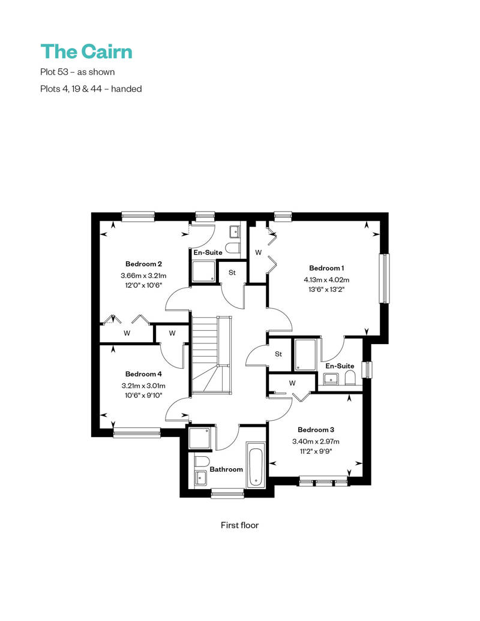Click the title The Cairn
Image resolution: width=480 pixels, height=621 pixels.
click(86, 52)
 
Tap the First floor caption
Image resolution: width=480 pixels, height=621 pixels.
click(239, 525)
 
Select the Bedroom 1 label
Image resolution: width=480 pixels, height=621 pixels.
click(326, 268)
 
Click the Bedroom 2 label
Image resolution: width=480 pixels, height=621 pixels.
click(143, 264)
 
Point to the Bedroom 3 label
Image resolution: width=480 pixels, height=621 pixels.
click(316, 430)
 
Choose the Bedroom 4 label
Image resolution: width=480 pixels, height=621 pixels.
click(143, 374)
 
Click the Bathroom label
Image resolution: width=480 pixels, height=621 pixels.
click(226, 469)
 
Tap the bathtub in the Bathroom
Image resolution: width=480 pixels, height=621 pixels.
click(256, 465)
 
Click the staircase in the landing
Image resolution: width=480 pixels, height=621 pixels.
click(211, 355)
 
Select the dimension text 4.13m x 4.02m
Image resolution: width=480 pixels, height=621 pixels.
click(326, 279)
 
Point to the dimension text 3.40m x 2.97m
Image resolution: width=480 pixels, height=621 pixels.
click(316, 441)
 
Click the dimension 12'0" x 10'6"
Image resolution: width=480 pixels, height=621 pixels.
click(143, 285)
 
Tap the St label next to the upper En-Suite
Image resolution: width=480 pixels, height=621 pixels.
click(232, 273)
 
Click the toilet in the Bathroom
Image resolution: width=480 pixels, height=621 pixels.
click(203, 462)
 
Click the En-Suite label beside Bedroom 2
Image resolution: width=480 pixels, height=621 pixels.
click(208, 252)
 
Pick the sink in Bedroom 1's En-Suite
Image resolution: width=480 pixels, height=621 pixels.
click(330, 379)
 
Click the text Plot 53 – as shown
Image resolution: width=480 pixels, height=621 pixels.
click(77, 72)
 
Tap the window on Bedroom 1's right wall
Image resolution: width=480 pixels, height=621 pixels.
click(384, 278)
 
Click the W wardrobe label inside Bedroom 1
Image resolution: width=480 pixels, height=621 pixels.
click(259, 252)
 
